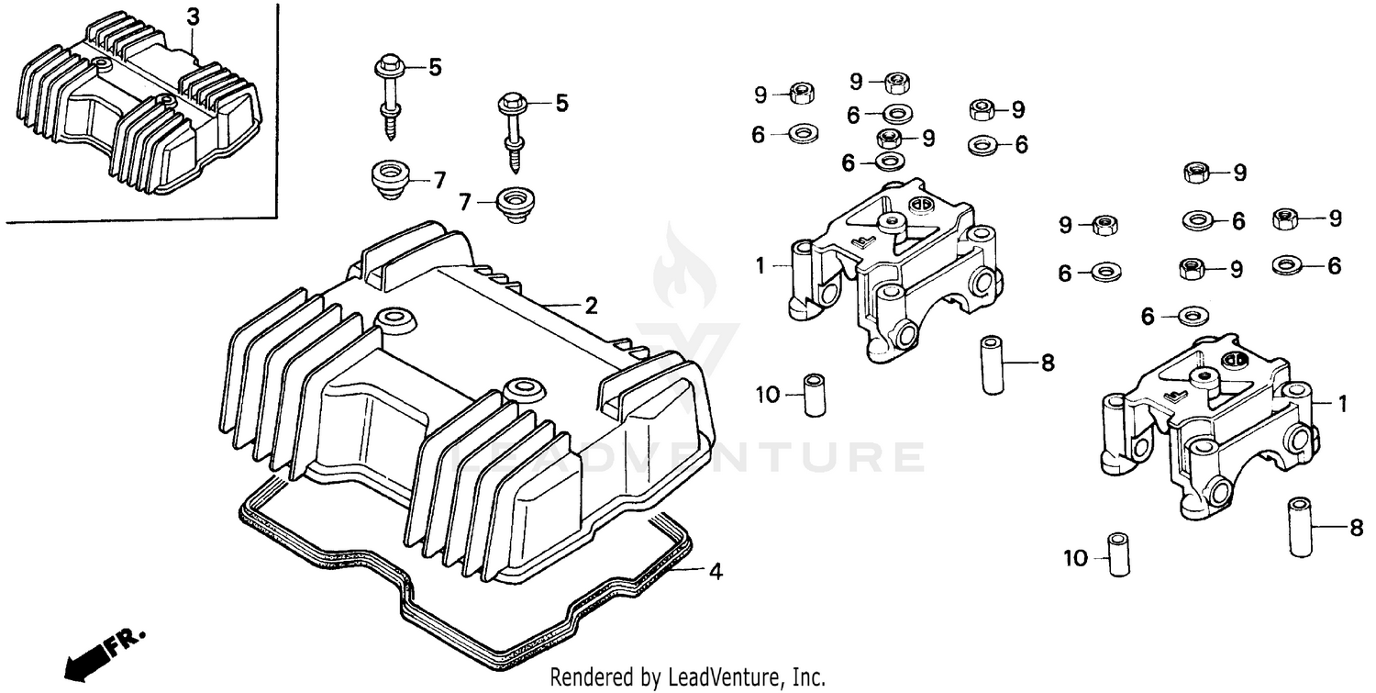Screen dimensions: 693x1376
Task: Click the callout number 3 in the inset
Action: point(192,16)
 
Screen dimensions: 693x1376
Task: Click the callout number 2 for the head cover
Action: point(592,305)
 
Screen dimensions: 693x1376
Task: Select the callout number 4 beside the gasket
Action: point(715,572)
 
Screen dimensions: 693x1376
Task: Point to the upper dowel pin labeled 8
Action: point(993,365)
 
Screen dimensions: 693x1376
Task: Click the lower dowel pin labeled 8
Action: point(1300,527)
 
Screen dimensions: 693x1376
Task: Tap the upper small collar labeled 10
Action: point(814,395)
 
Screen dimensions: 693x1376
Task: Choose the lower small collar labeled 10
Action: point(1116,554)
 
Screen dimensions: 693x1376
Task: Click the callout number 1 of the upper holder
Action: point(760,266)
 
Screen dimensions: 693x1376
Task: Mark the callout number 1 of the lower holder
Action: point(1342,402)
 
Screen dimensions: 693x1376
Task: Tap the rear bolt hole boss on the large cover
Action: point(524,386)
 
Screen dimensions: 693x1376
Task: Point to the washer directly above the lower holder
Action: point(1191,317)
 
